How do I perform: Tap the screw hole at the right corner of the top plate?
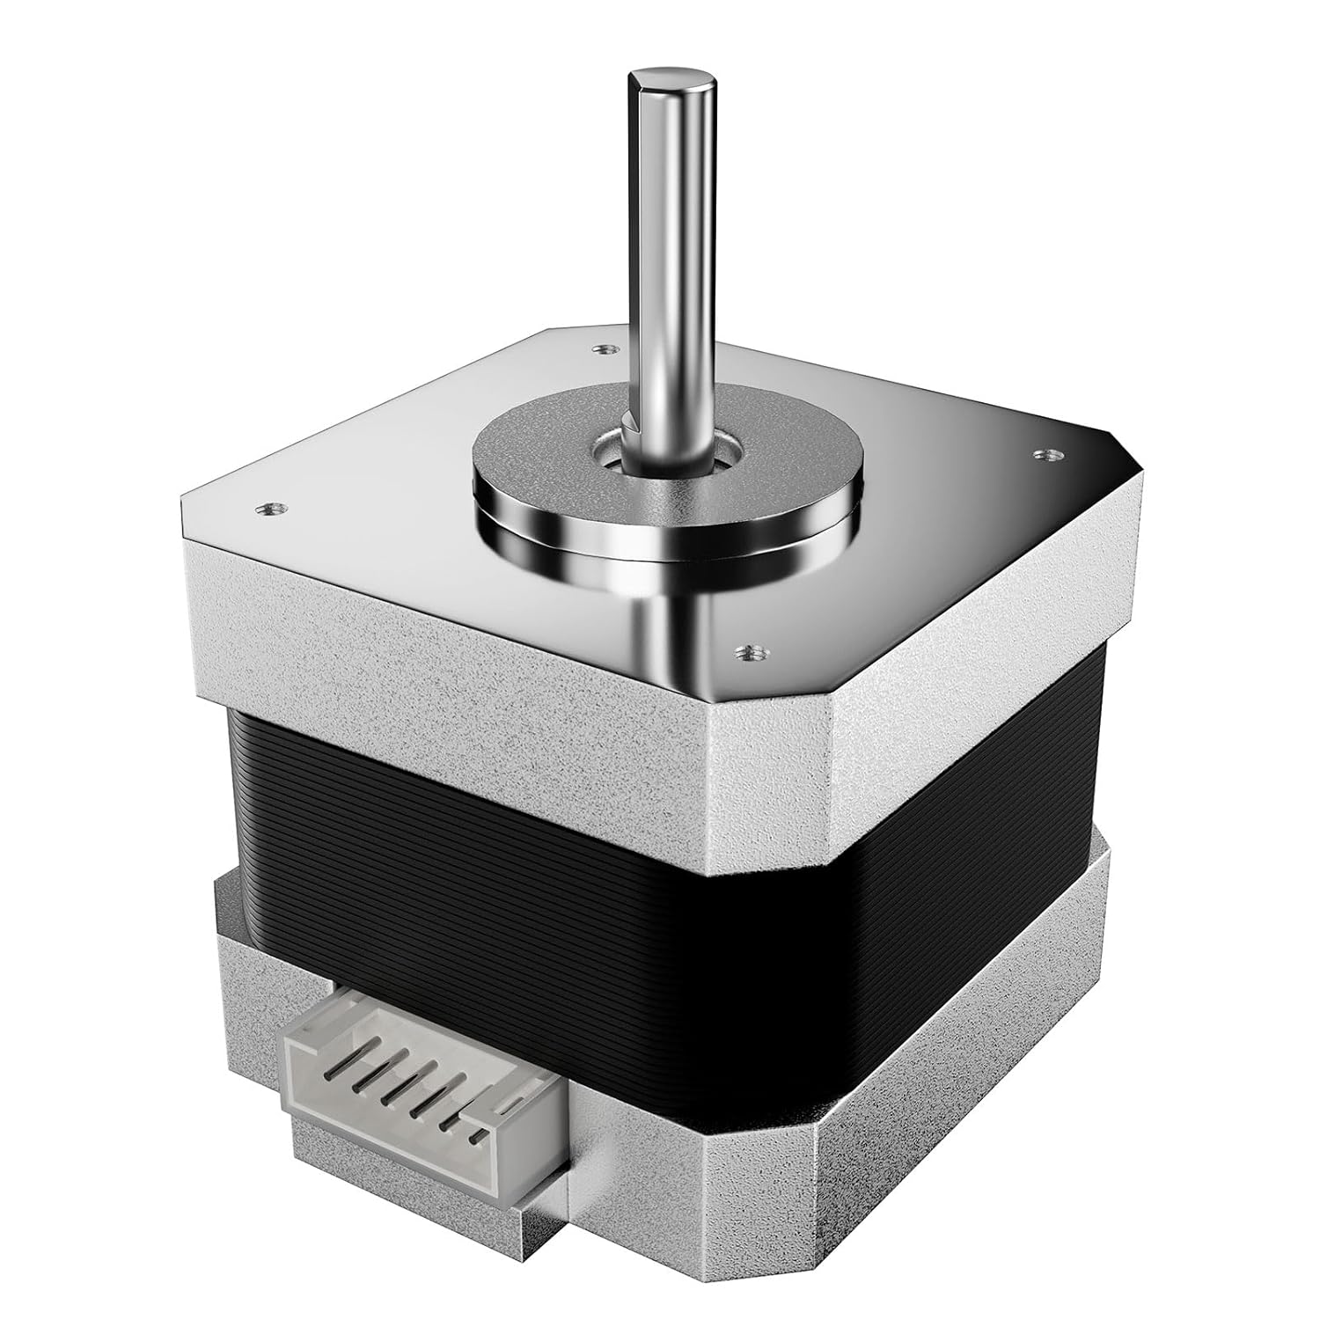pos(1045,456)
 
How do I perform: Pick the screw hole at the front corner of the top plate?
pos(749,652)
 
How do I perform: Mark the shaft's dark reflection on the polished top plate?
pos(669,616)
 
